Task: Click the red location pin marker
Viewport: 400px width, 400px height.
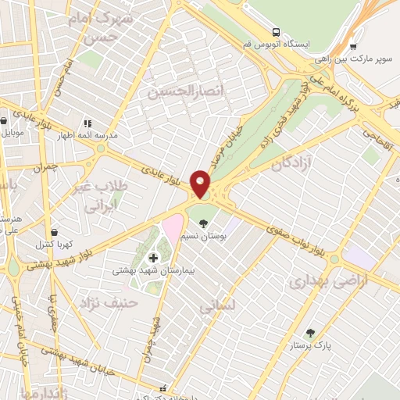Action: pos(201,184)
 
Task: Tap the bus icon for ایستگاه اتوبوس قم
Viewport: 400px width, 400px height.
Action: pos(275,32)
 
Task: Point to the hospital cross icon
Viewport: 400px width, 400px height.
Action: pos(153,258)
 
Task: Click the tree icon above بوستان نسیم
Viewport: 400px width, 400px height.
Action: pos(204,224)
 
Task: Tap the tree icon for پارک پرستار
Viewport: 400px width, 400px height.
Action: pos(311,333)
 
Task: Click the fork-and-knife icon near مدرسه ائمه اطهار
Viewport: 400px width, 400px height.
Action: pos(87,123)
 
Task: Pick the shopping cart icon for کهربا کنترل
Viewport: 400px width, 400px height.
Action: pos(54,232)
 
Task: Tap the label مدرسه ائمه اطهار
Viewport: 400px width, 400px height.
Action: pos(87,135)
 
